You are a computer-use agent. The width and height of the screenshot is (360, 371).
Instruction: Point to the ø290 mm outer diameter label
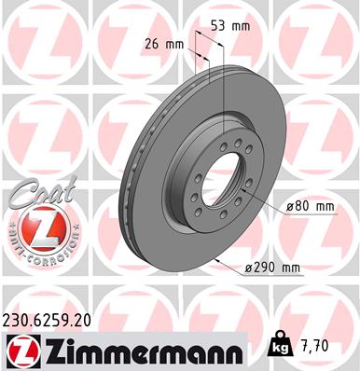coord(299,268)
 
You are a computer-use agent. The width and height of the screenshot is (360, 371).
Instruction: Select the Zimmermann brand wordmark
coord(137,349)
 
